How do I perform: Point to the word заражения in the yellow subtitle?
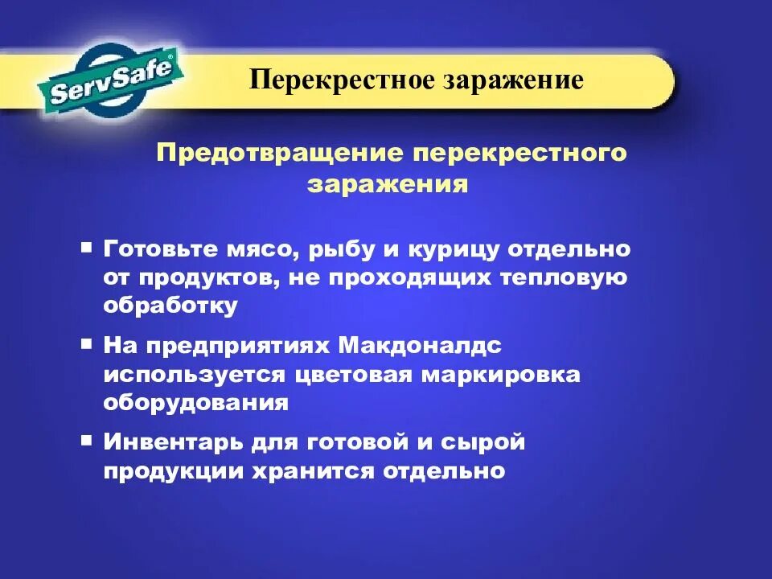tap(387, 184)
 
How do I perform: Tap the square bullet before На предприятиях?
tap(87, 343)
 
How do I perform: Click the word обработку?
tap(170, 306)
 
